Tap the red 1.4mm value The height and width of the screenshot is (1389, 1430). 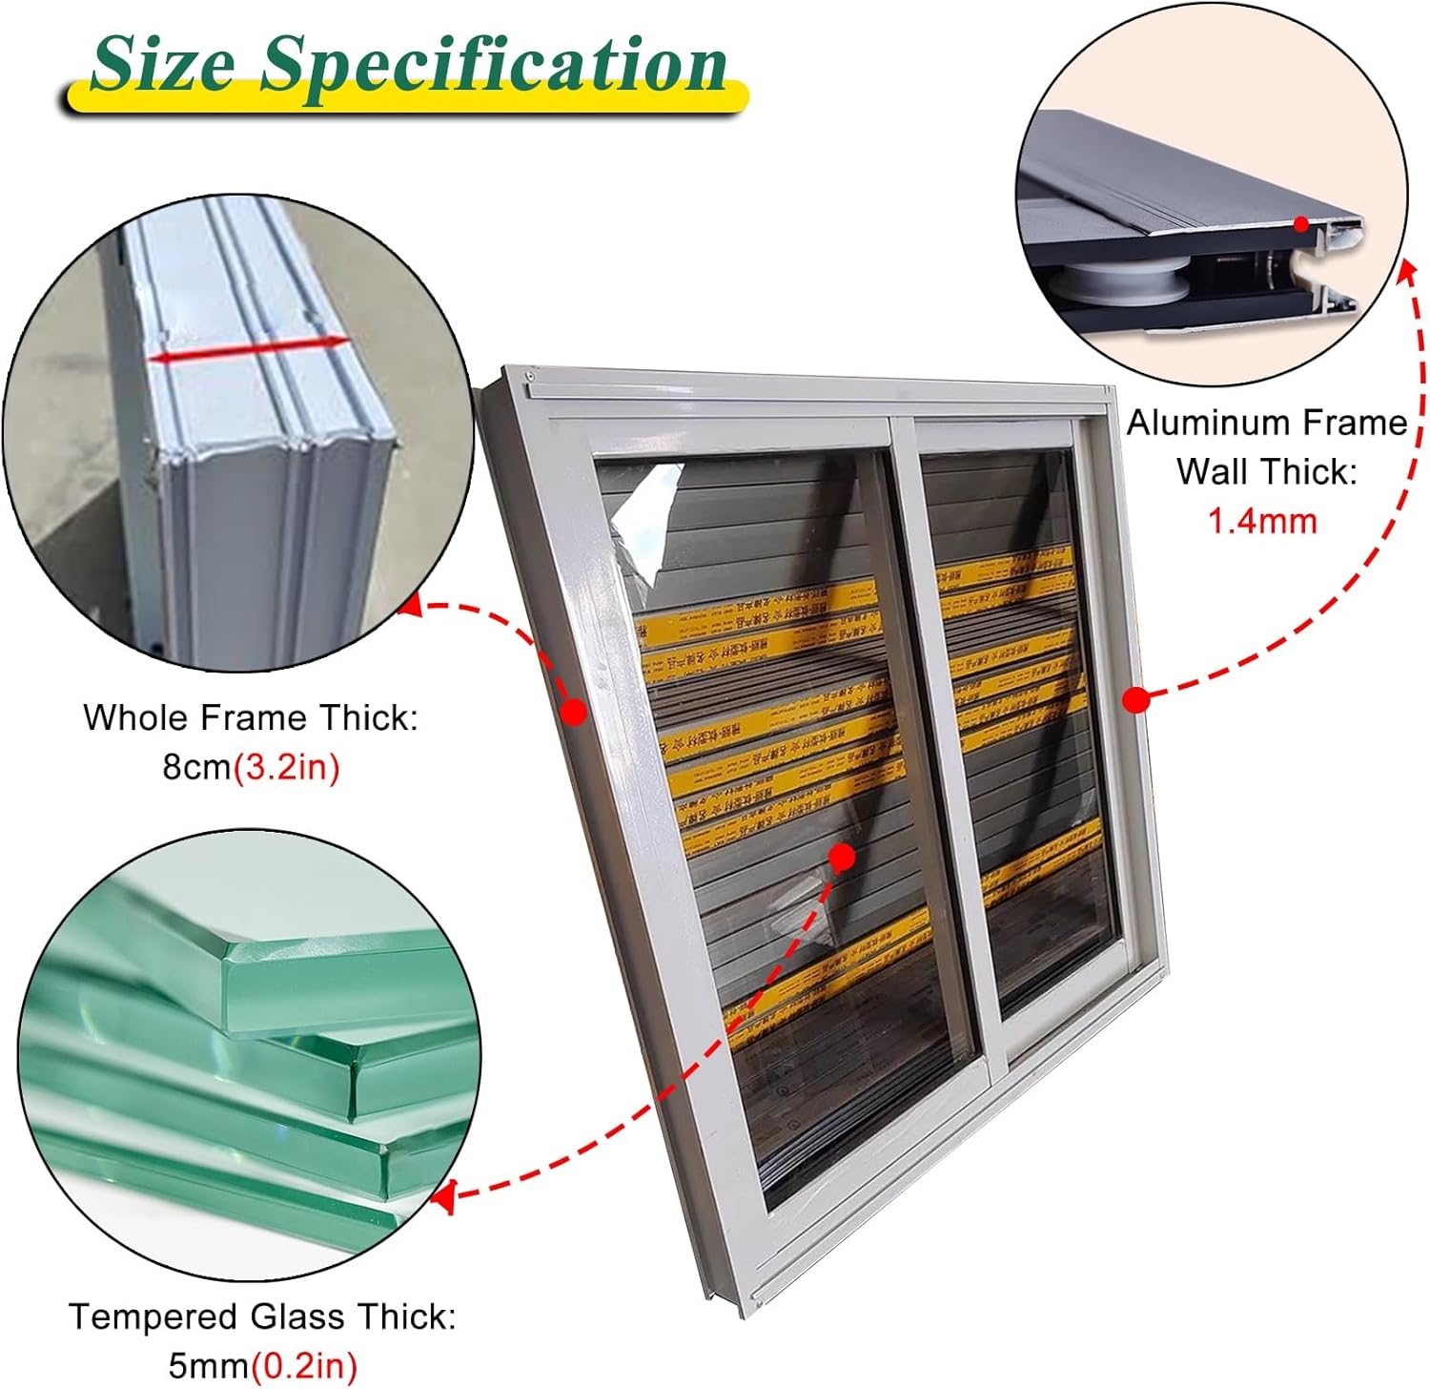pyautogui.click(x=1262, y=521)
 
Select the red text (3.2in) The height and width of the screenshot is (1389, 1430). pyautogui.click(x=287, y=767)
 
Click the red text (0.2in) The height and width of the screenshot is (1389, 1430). pyautogui.click(x=303, y=1365)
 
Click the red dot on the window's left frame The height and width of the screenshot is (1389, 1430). pyautogui.click(x=574, y=711)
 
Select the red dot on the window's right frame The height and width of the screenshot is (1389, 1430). pyautogui.click(x=1135, y=700)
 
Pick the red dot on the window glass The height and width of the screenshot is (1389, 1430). pyautogui.click(x=841, y=858)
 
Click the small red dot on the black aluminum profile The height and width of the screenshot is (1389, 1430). pyautogui.click(x=1301, y=224)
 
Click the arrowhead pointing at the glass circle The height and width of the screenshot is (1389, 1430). pyautogui.click(x=442, y=1195)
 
